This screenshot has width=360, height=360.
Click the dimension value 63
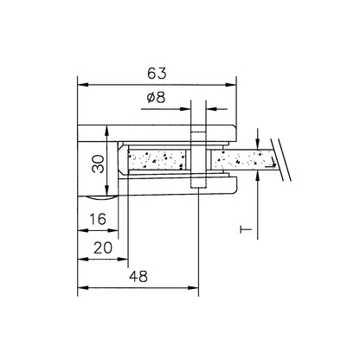tap(157, 74)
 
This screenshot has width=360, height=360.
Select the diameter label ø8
tap(156, 98)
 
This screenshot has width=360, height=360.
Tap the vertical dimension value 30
tap(99, 164)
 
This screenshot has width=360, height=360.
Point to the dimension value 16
tap(98, 219)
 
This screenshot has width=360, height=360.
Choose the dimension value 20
tap(103, 247)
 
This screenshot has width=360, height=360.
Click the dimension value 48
tap(138, 277)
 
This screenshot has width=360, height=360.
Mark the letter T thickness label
tap(246, 229)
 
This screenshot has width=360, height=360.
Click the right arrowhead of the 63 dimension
tap(231, 85)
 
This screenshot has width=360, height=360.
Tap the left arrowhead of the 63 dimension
tap(83, 85)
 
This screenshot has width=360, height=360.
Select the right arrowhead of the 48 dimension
tap(193, 287)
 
